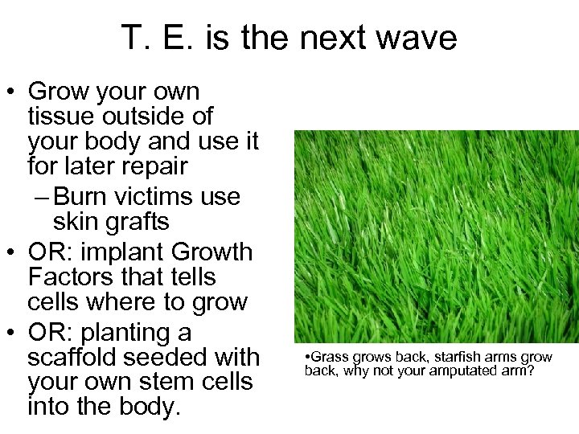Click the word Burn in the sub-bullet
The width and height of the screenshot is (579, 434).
pyautogui.click(x=89, y=196)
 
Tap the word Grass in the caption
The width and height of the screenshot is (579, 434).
pyautogui.click(x=326, y=357)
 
